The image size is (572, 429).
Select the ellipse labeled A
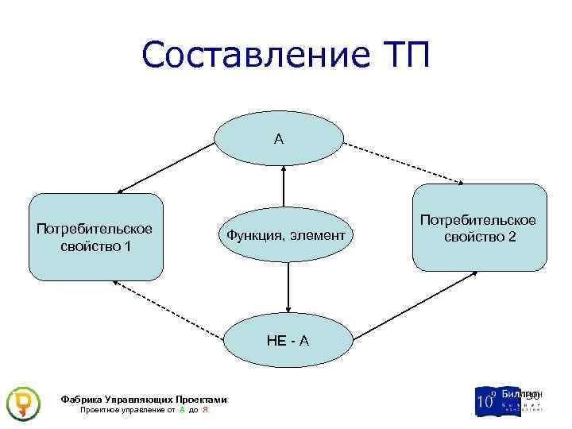tap(279, 139)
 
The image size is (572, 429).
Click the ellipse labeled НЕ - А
tap(287, 341)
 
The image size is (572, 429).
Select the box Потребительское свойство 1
tap(95, 237)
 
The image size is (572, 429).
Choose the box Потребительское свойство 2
tap(479, 228)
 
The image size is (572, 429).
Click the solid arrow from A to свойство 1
tap(167, 168)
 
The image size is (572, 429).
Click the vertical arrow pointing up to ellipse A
tap(284, 187)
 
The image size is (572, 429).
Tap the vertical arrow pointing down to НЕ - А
tap(288, 286)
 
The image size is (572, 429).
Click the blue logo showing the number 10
tap(487, 400)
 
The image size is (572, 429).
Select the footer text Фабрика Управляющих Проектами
tap(143, 400)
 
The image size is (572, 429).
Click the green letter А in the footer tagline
tap(183, 410)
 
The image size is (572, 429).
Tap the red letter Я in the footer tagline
tap(205, 410)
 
